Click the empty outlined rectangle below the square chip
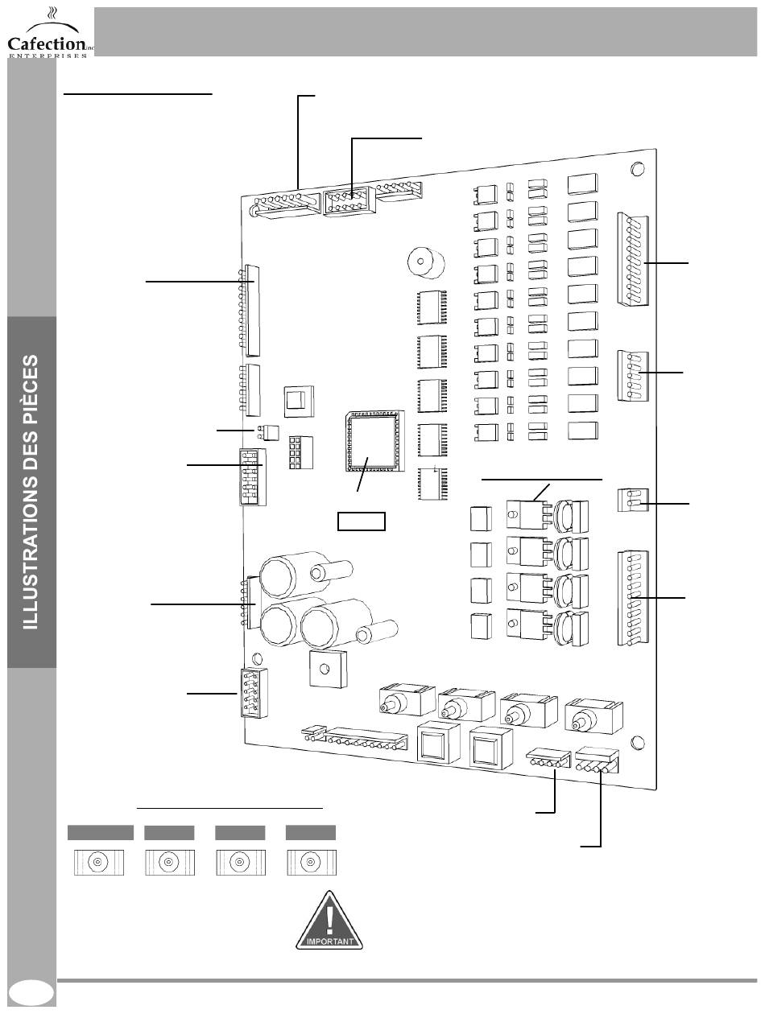click(x=361, y=521)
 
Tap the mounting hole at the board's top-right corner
click(x=636, y=169)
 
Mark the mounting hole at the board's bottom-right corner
click(x=638, y=741)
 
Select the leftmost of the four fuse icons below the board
click(x=98, y=861)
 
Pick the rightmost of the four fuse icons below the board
click(x=310, y=861)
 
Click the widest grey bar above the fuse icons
click(x=100, y=832)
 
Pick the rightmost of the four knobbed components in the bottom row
click(x=593, y=713)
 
